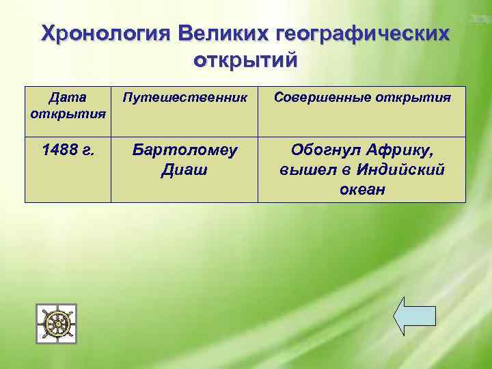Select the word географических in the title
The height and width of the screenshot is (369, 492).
coord(364,33)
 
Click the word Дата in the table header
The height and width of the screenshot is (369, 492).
coord(68,97)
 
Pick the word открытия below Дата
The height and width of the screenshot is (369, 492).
coord(68,112)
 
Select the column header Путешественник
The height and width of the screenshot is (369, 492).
coord(184,97)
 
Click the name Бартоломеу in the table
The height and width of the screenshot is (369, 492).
coord(184,150)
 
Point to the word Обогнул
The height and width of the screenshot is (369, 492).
coord(325,150)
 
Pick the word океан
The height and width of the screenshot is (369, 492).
coord(362,189)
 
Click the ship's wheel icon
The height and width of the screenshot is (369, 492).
coord(56,324)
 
